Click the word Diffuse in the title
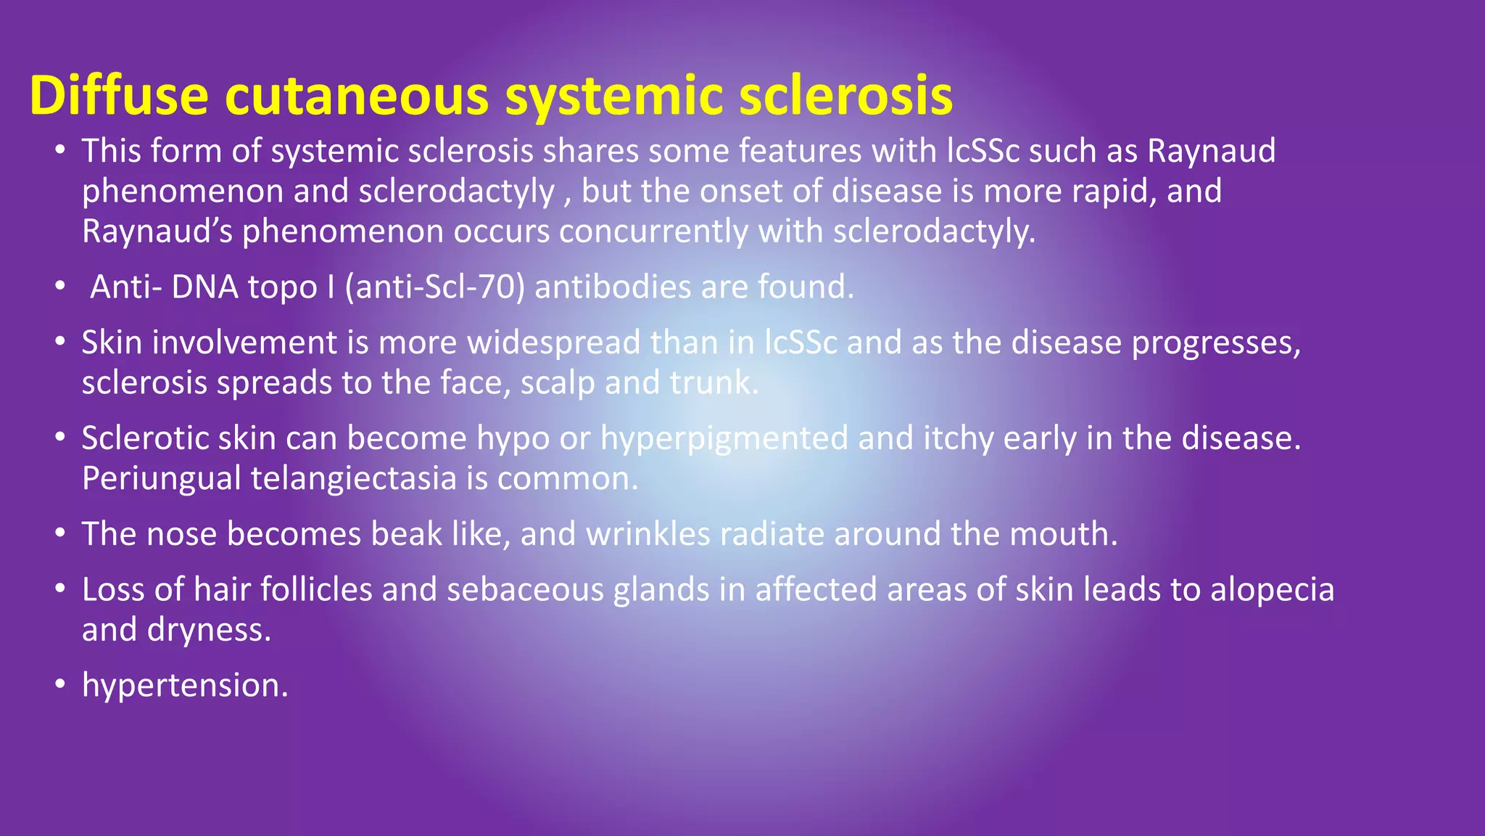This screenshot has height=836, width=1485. [x=119, y=95]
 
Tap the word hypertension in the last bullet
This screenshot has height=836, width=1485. [x=185, y=685]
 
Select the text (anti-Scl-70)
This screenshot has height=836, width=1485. [x=434, y=287]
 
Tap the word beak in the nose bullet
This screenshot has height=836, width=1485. [x=406, y=534]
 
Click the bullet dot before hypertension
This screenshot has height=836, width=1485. [x=60, y=684]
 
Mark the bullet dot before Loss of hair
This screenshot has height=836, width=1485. [x=60, y=589]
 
